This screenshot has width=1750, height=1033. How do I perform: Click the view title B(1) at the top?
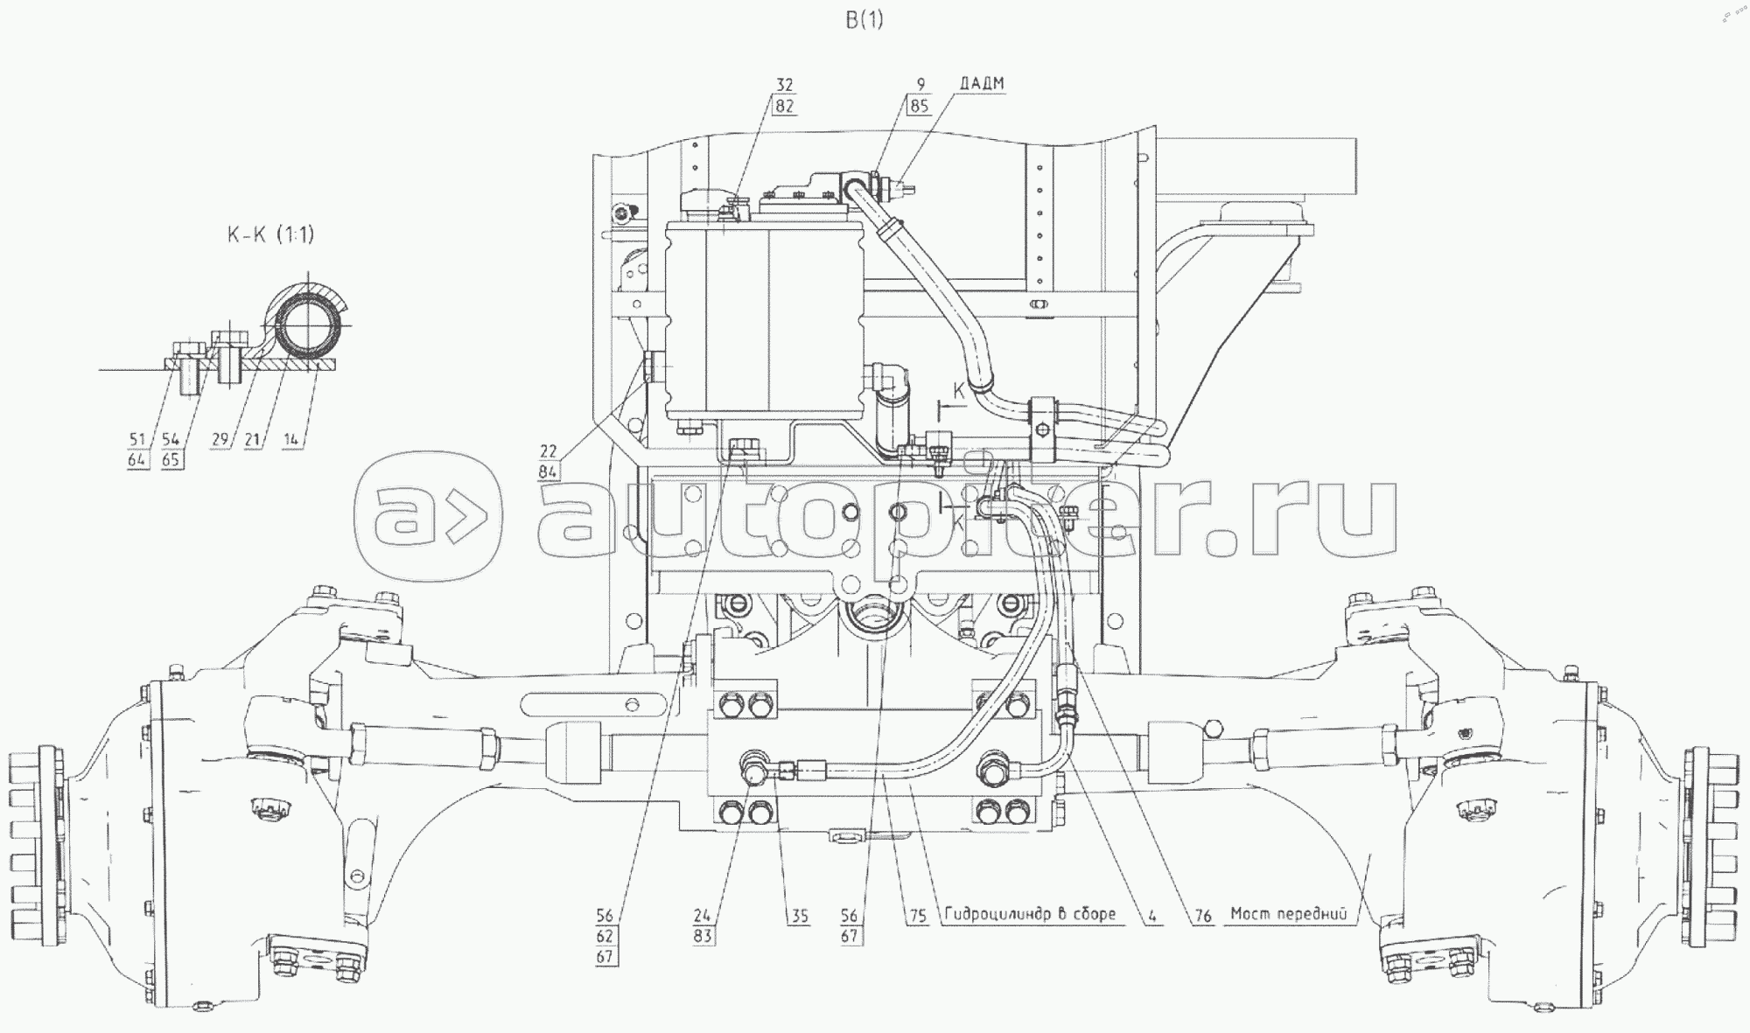[864, 20]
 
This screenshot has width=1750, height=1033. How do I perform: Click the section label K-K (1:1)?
[270, 234]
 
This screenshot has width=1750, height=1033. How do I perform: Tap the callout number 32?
[784, 85]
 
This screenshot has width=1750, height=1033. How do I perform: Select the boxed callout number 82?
[784, 106]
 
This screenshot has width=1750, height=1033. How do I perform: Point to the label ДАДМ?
[981, 84]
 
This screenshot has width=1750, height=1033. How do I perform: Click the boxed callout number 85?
[919, 106]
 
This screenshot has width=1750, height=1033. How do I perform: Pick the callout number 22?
[548, 451]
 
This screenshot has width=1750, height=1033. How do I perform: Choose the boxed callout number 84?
[548, 472]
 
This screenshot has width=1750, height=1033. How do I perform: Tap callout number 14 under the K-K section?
[291, 440]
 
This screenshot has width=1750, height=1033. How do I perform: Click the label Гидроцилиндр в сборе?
[1030, 914]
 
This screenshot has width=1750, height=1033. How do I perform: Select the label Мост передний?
[1288, 914]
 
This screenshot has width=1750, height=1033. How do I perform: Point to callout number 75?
[917, 915]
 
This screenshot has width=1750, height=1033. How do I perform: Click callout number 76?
[1203, 915]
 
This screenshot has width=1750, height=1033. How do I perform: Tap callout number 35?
[799, 916]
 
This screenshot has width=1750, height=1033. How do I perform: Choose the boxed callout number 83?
[703, 937]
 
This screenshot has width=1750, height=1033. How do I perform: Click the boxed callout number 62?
[605, 937]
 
